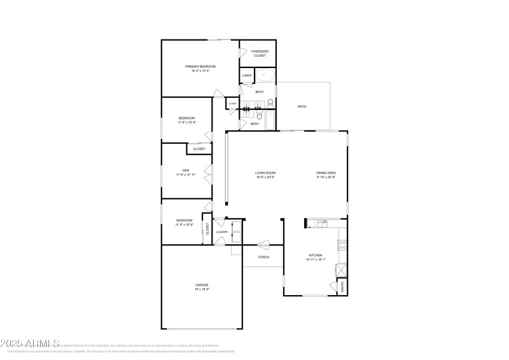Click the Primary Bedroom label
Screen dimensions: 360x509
point(200,66)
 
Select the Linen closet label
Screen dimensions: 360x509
point(247,76)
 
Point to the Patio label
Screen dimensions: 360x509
point(302,106)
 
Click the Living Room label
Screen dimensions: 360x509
point(265,173)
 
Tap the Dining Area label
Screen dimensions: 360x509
point(326,173)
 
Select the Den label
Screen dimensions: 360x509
point(186,170)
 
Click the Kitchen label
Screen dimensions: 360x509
point(316,255)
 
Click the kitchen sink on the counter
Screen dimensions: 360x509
point(323,224)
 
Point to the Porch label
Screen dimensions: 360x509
point(263,257)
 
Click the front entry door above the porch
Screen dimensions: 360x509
point(263,244)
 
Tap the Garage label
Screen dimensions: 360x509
point(202,284)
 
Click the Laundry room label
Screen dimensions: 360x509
point(221,232)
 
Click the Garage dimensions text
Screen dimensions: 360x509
point(202,289)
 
